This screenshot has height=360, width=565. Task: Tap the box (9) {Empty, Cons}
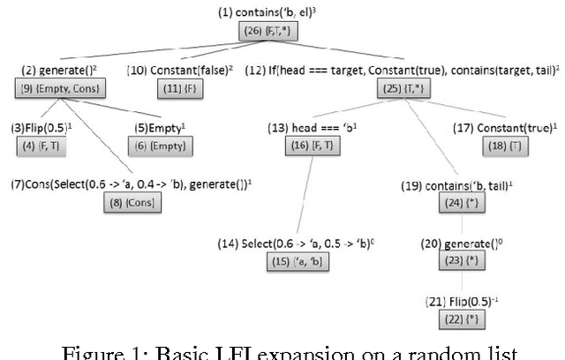tap(59, 88)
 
